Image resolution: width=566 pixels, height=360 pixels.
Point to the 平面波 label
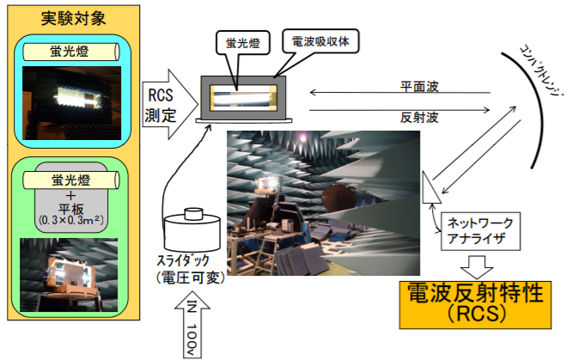coord(420,87)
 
